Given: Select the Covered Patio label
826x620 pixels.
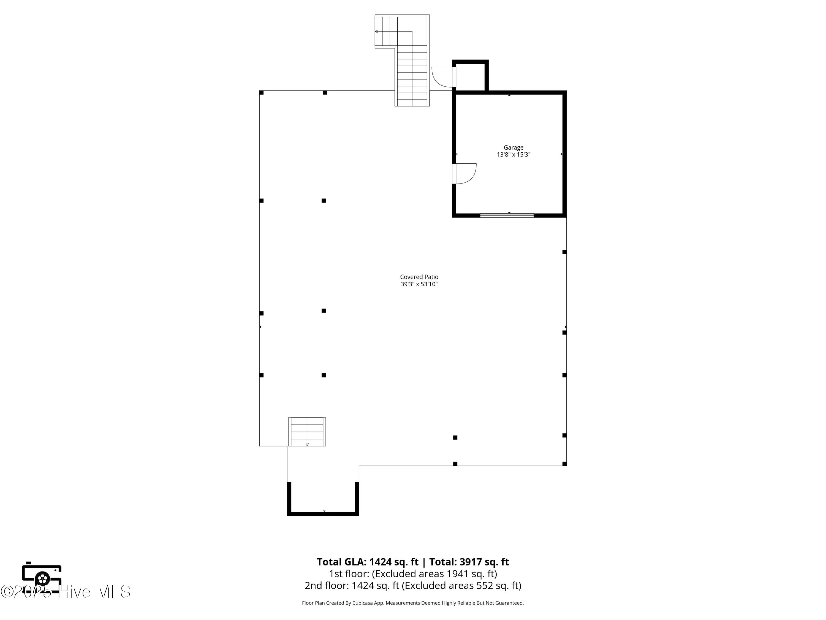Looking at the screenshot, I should pos(419,277).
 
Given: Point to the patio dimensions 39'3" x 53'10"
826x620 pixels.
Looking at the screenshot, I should pos(419,284).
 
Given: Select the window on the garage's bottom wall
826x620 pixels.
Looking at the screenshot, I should pos(507,215).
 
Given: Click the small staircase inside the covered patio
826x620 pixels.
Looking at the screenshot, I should pos(307,432).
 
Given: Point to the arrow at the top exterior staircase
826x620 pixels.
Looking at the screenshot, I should pos(377,31).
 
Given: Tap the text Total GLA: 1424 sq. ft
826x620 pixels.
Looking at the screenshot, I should pos(368,562).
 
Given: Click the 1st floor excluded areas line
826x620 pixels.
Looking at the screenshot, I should pos(413,574).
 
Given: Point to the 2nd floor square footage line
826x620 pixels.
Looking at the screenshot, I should pos(413,585).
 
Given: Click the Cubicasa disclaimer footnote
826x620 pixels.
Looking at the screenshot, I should pos(413,603).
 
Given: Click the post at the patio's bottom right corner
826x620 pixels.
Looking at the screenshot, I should pos(564,464).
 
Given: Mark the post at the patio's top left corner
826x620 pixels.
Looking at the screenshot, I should pos(261,93).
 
